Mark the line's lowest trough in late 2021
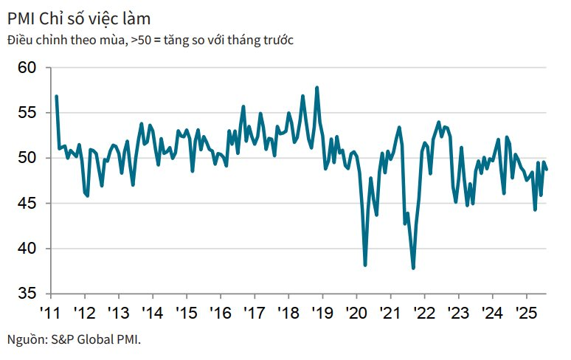pos(413,269)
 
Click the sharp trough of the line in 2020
pos(365,265)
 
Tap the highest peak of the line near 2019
pos(317,88)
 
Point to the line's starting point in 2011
pos(56,96)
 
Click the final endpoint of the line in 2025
pos(547,169)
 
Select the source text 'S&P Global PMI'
pos(95,339)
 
